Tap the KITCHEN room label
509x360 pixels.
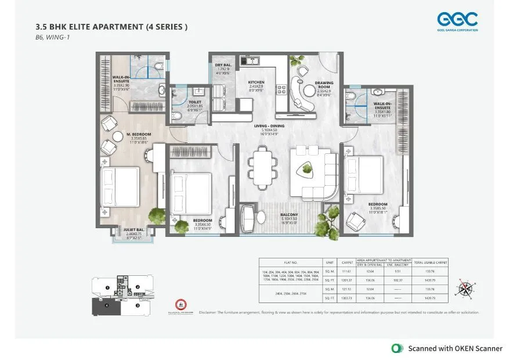[256, 83]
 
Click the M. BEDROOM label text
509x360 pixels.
[139, 134]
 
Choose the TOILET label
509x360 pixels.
[195, 102]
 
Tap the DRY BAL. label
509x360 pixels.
[223, 66]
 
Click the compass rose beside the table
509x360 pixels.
[465, 287]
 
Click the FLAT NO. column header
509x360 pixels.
[290, 262]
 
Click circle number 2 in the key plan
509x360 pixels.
[138, 287]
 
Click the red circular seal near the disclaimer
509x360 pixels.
[181, 305]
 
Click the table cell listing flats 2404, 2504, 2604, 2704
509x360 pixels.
[290, 293]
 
